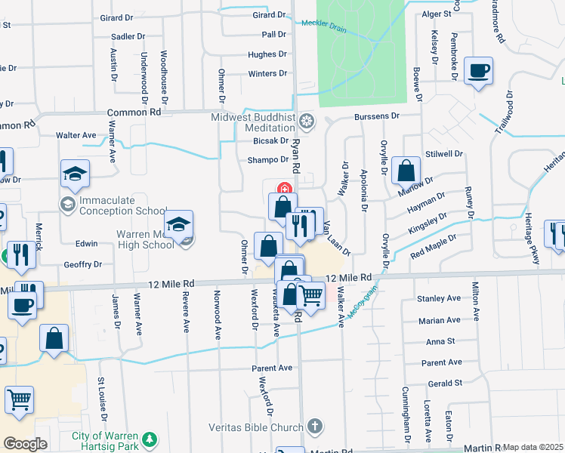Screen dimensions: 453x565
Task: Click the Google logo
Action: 25,444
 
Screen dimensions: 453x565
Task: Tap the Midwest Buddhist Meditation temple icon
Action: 307,121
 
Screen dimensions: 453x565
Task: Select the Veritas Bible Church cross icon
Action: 315,427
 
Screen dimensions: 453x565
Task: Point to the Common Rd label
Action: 134,112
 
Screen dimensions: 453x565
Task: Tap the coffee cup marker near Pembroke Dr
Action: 478,71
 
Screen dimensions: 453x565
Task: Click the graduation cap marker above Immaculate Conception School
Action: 75,174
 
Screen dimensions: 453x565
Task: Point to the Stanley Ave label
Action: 439,299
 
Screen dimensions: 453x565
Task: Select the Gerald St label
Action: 444,384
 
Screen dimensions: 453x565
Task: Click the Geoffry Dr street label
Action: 82,264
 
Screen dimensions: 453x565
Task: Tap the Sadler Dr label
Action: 127,36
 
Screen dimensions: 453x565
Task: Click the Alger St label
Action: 436,14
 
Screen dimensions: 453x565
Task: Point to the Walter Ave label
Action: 76,135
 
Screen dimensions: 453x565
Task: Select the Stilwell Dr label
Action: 444,153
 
